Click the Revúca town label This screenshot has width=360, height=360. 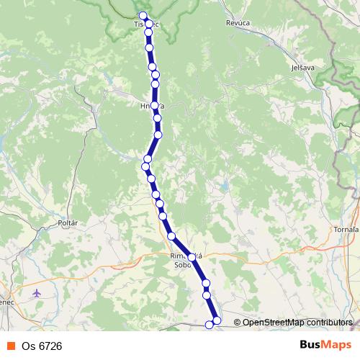(x=238, y=23)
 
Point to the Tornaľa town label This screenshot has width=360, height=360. (x=346, y=229)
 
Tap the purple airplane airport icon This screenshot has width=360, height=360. (x=37, y=293)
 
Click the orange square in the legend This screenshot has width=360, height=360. (x=10, y=346)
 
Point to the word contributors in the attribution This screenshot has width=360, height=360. (x=330, y=323)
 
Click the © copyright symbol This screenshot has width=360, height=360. (x=237, y=323)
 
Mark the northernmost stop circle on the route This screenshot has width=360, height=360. (x=143, y=16)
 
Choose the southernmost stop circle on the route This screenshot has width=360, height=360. (x=210, y=325)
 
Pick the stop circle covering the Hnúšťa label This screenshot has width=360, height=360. (x=154, y=106)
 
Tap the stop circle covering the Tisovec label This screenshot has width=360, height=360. (x=148, y=24)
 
